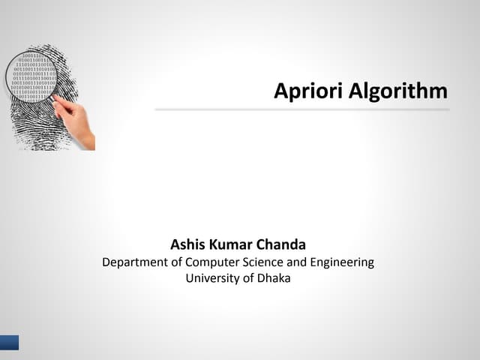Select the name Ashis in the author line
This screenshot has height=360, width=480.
click(x=189, y=244)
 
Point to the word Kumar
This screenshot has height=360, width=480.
click(x=235, y=244)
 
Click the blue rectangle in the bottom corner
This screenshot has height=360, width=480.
click(x=9, y=343)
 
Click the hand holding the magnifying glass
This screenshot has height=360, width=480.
click(x=82, y=127)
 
